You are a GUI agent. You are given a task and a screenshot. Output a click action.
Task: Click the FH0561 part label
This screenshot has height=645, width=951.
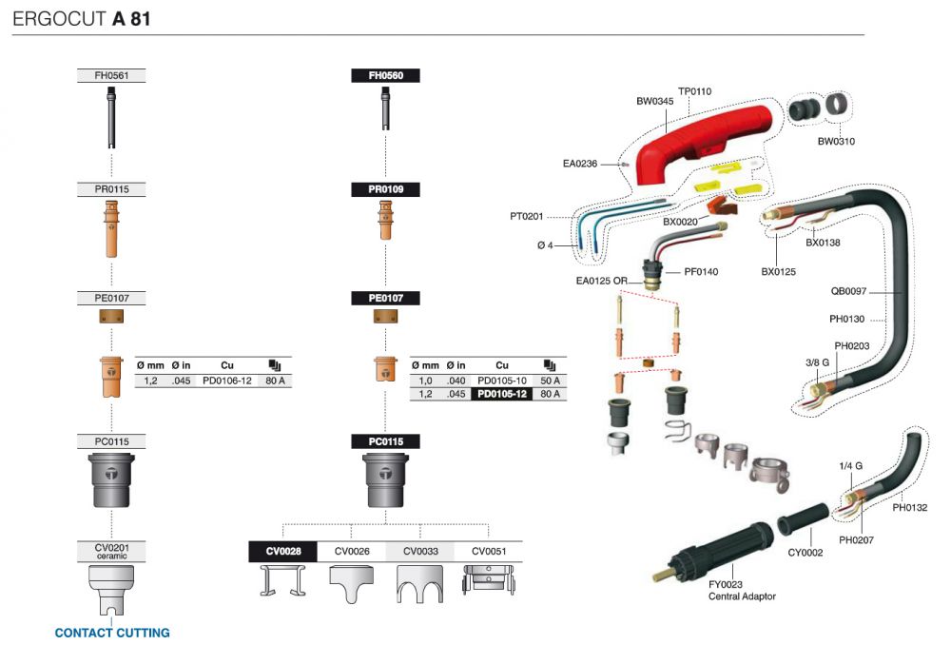(111, 76)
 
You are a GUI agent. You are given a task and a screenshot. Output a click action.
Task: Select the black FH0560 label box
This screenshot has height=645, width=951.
(386, 76)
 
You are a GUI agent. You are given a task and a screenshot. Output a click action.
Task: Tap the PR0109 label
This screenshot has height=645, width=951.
(386, 189)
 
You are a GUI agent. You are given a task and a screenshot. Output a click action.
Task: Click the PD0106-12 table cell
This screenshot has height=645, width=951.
(227, 381)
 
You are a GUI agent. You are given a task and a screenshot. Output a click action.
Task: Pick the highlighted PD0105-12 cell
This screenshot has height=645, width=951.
(501, 394)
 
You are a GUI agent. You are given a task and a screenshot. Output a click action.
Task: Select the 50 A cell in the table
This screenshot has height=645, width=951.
(550, 381)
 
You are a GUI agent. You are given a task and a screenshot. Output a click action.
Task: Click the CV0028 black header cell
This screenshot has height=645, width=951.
(283, 552)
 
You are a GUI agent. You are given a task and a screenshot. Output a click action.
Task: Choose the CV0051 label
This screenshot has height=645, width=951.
(489, 552)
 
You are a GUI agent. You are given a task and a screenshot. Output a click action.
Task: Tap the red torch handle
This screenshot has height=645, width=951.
(704, 143)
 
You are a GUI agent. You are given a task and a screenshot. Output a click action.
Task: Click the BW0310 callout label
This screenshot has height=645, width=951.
(836, 142)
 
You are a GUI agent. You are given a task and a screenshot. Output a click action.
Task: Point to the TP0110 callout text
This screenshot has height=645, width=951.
(694, 91)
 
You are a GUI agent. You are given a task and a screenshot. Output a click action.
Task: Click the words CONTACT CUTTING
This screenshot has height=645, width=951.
(112, 633)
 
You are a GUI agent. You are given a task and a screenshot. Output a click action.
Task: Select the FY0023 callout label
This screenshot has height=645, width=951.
(726, 584)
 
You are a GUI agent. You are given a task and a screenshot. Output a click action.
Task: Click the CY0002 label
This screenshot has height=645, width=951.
(805, 553)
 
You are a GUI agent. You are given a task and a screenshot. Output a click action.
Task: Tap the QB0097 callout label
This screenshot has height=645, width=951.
(848, 291)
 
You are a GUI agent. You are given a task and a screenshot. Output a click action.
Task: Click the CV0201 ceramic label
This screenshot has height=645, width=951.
(111, 551)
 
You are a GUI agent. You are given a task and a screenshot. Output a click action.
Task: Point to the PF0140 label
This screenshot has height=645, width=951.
(701, 272)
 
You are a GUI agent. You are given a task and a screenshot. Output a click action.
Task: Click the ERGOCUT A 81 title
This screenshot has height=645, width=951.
(81, 19)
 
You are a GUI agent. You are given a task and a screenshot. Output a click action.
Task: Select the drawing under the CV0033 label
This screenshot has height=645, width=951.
(419, 584)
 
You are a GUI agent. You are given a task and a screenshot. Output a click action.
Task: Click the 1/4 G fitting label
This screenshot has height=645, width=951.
(850, 466)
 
